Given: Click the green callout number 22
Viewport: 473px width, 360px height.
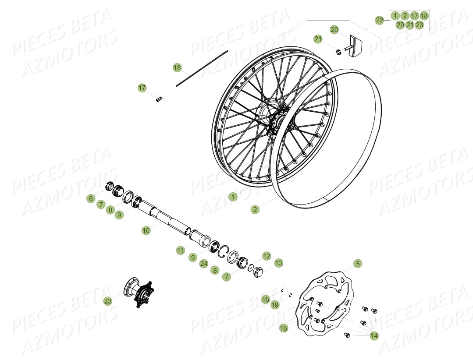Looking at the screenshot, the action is coord(380,20).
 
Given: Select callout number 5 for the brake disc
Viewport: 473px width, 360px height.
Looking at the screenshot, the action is coord(358,264).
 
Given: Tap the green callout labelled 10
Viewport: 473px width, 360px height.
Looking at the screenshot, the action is coord(146,230).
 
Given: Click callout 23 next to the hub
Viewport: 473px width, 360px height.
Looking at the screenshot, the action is coord(108,301).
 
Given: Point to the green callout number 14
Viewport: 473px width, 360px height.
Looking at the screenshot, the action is coord(374,335).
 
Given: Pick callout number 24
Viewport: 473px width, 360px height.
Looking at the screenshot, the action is coord(203,264).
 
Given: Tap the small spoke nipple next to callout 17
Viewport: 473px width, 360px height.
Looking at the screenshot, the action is coord(159,99).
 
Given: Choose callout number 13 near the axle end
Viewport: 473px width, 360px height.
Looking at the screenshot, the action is coord(279,263).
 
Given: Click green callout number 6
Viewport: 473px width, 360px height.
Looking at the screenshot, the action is coord(91,198).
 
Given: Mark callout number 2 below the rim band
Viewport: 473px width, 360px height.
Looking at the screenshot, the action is coord(255,209).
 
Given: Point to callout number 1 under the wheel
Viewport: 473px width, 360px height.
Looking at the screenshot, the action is coord(233,197).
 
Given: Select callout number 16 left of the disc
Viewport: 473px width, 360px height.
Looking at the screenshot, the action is coord(284,328).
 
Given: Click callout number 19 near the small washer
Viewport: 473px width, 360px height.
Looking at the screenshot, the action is coord(275,305).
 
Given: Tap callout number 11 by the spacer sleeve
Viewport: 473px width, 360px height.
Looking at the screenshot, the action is coord(181,250).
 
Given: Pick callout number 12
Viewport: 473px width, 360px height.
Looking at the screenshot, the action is coord(267,256).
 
